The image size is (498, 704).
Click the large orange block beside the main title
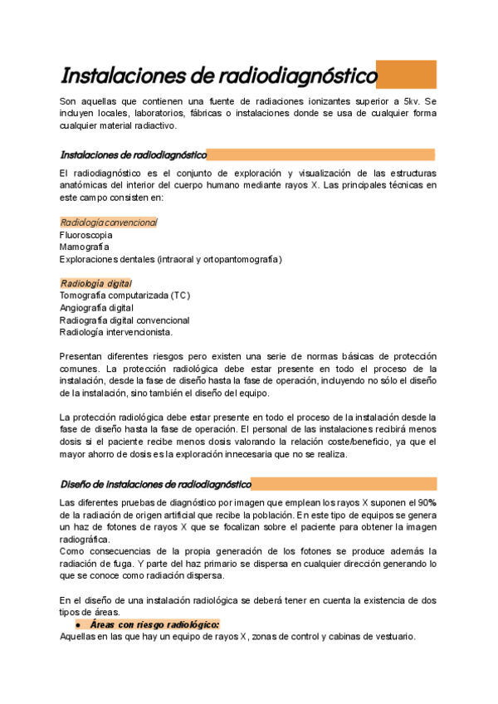[406, 75]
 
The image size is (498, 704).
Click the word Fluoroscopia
[85, 235]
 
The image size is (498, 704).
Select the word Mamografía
[83, 247]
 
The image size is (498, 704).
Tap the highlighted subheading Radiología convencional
[109, 222]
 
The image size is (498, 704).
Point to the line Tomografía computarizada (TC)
[124, 296]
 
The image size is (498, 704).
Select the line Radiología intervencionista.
[116, 332]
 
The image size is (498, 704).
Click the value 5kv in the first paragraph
[415, 101]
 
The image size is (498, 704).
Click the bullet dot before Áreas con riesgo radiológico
[77, 624]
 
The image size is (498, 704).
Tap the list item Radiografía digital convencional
[124, 320]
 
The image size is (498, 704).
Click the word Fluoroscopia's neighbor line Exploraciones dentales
[108, 260]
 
